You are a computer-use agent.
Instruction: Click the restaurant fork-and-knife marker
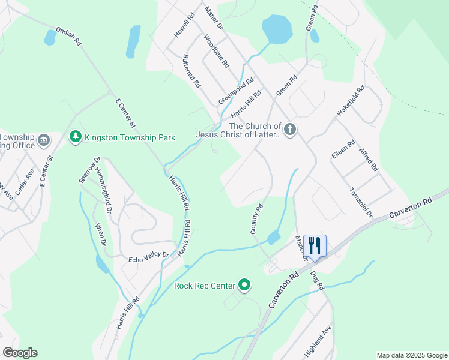315,245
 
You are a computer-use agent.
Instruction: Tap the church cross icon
289,130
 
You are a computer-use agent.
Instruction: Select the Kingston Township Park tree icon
75,137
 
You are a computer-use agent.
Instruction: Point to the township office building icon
44,140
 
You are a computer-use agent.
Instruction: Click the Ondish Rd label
68,37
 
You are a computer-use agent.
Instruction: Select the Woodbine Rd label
216,51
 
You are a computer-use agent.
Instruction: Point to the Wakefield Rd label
350,101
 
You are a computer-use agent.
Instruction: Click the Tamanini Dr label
361,202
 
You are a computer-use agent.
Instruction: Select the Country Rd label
256,219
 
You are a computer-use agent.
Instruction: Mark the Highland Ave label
318,341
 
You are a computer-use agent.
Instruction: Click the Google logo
20,353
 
